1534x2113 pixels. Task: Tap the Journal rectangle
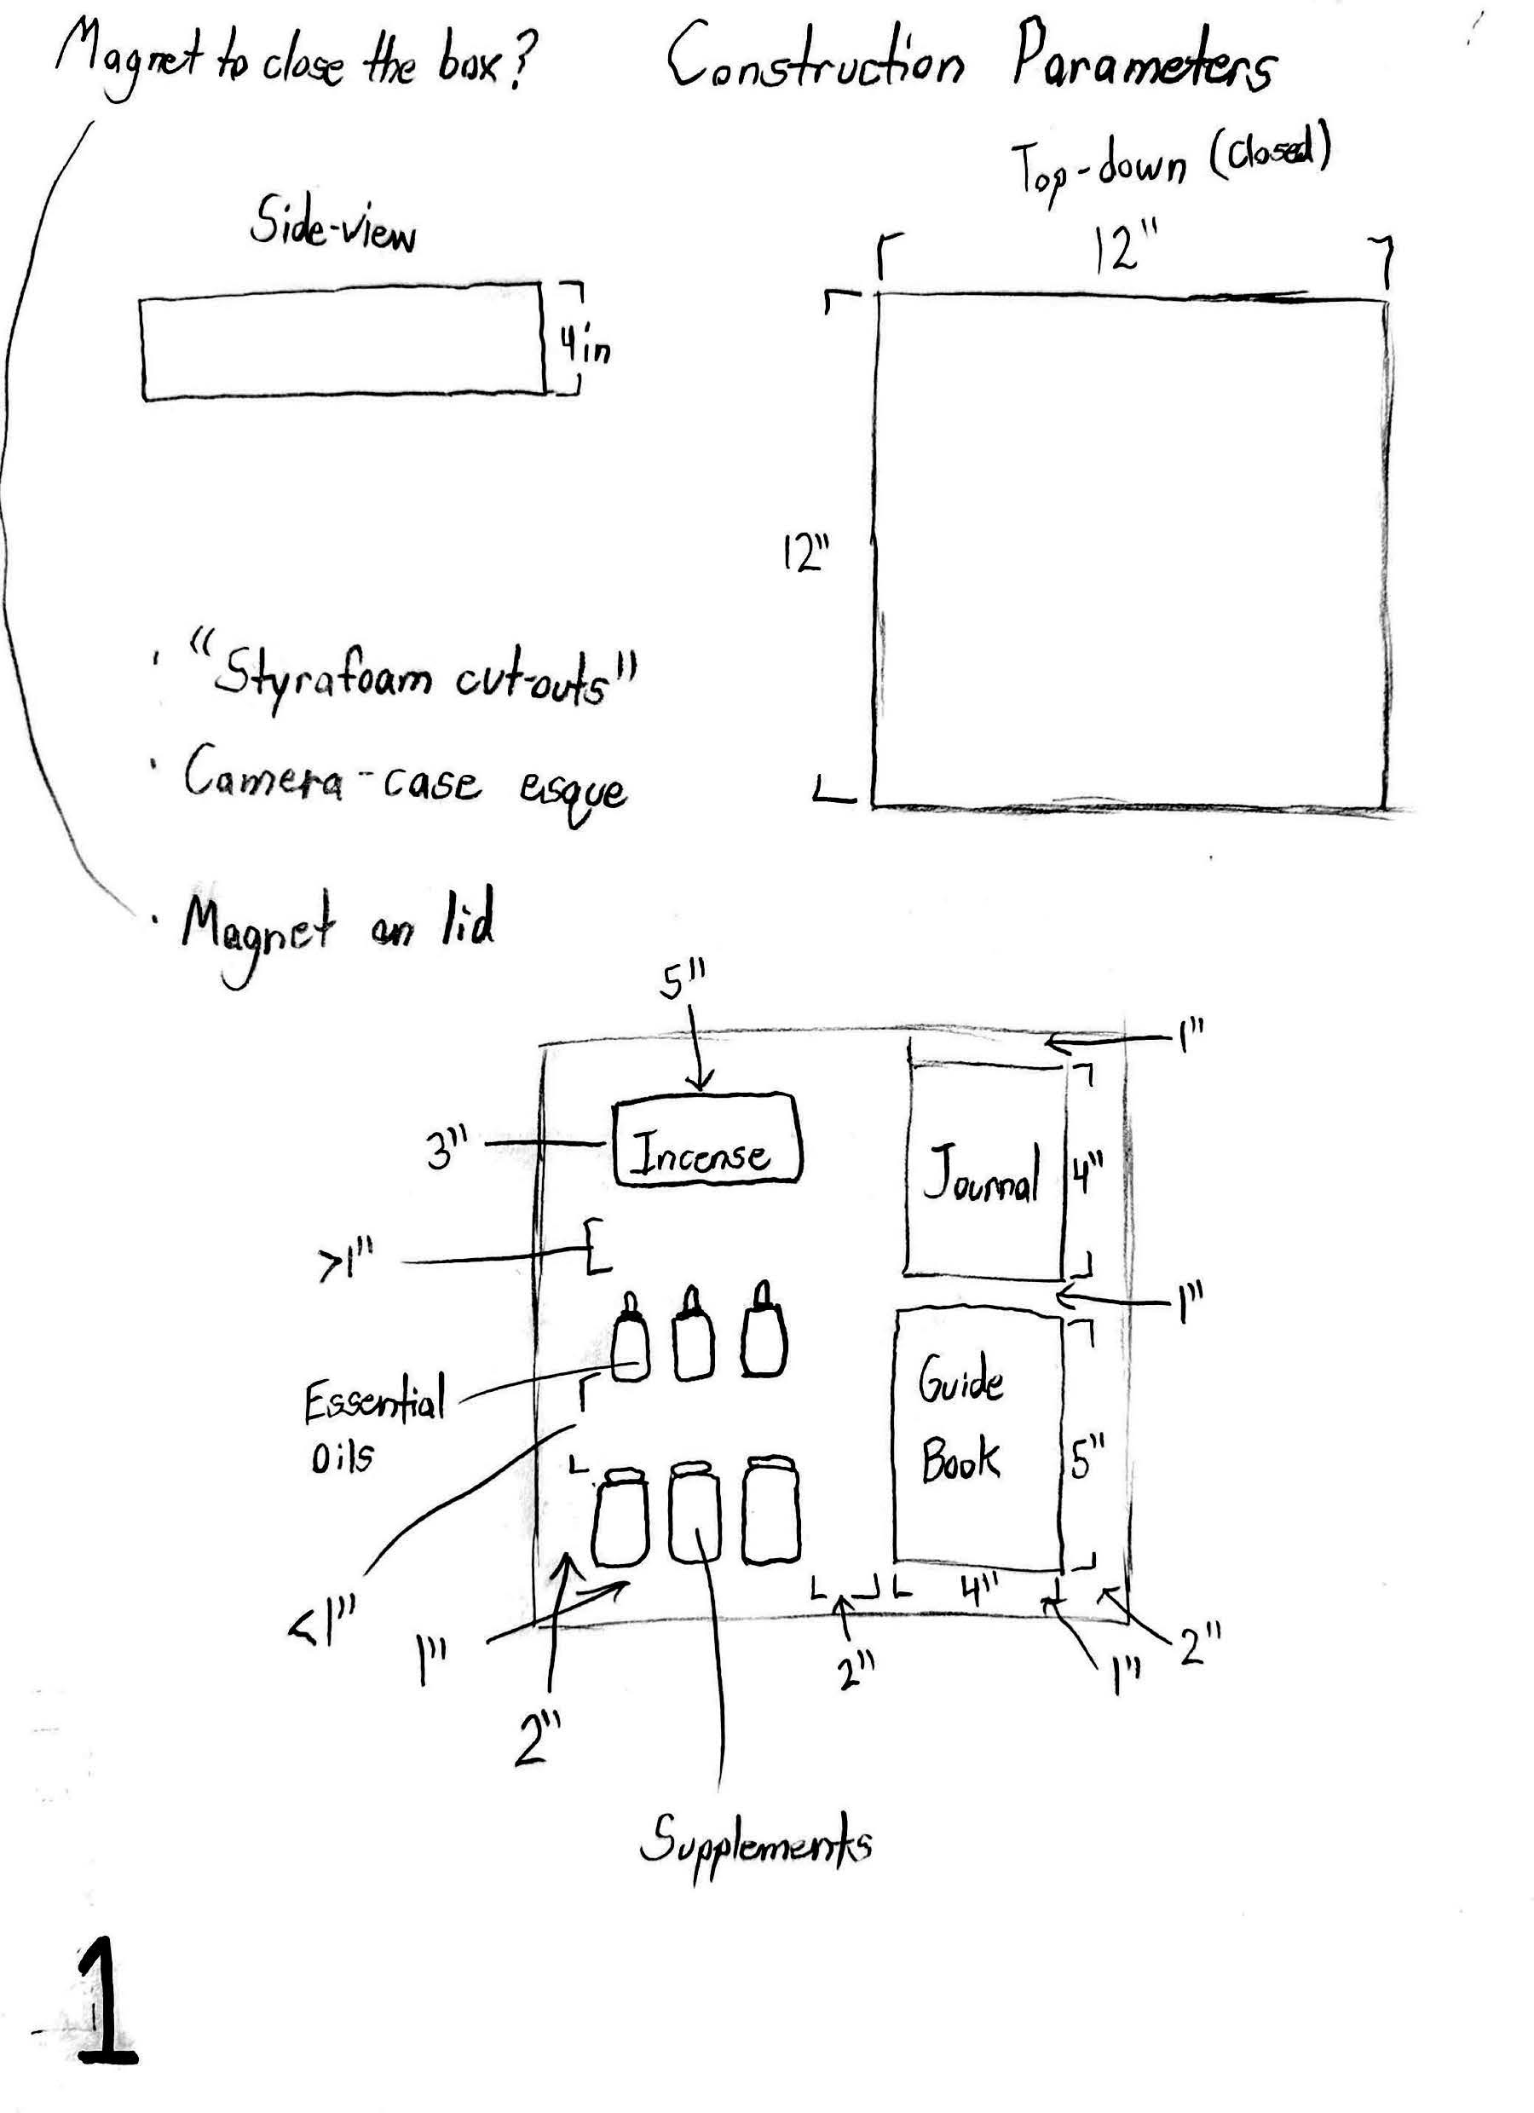tap(983, 1171)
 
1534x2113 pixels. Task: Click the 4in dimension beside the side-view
tap(585, 349)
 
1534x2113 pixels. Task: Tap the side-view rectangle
tap(343, 349)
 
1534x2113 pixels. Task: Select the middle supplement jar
tap(694, 1512)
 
